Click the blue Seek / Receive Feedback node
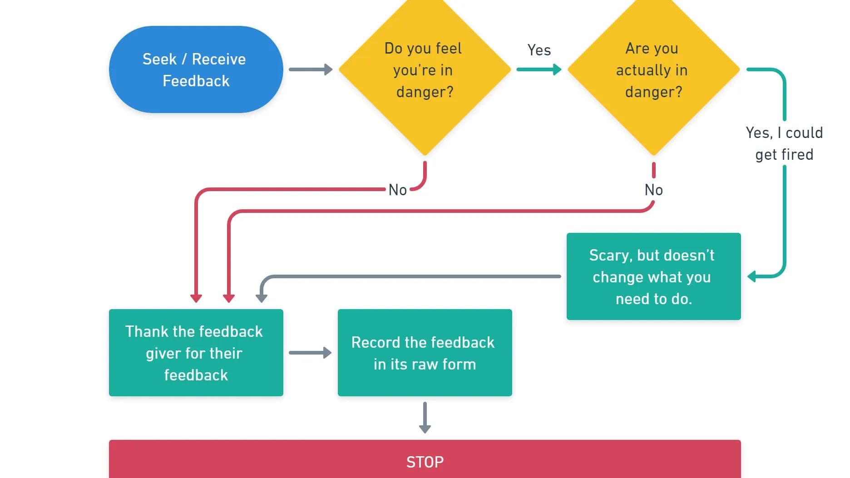pyautogui.click(x=196, y=69)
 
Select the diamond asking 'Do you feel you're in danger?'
pyautogui.click(x=425, y=70)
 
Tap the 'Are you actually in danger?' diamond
pyautogui.click(x=653, y=70)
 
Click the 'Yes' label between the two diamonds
pyautogui.click(x=539, y=50)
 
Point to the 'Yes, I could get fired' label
pyautogui.click(x=784, y=143)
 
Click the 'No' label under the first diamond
pyautogui.click(x=397, y=190)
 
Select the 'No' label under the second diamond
pyautogui.click(x=653, y=190)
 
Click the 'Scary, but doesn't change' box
pyautogui.click(x=653, y=276)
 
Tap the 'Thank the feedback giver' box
pyautogui.click(x=196, y=353)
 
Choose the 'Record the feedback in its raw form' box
pyautogui.click(x=425, y=353)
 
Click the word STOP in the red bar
pyautogui.click(x=425, y=462)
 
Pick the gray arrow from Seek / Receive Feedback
pyautogui.click(x=311, y=69)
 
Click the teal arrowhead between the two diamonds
pyautogui.click(x=556, y=69)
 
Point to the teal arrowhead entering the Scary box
pyautogui.click(x=752, y=276)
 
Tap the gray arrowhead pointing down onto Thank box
pyautogui.click(x=262, y=298)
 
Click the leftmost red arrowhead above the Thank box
pyautogui.click(x=196, y=298)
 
